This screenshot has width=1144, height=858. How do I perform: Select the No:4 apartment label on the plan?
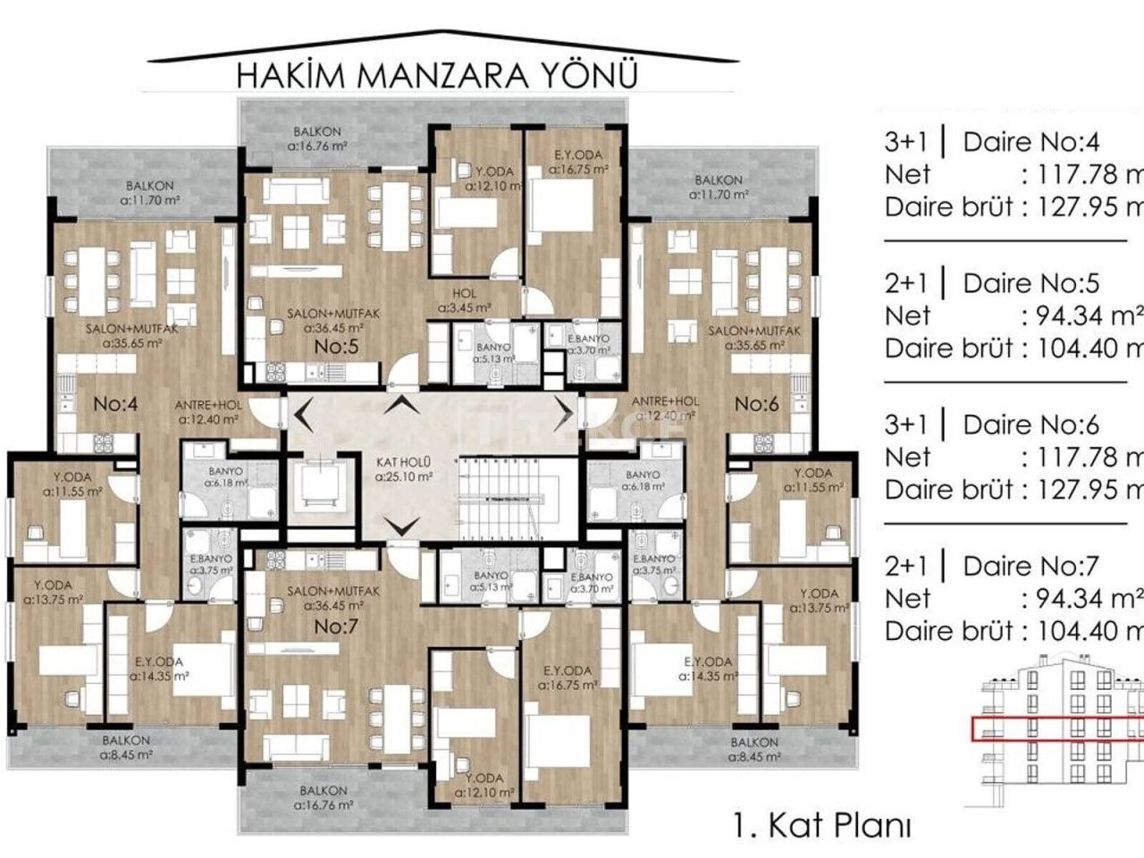[x=116, y=404]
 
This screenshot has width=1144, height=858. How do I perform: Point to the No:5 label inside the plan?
[x=336, y=347]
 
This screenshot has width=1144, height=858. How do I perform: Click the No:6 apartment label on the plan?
[x=756, y=404]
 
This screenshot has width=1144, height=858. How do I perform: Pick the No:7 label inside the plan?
[x=336, y=627]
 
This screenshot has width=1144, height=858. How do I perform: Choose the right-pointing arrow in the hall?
[x=565, y=414]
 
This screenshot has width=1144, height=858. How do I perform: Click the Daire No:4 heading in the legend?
[x=1030, y=141]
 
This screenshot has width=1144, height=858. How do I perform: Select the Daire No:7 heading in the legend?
[x=1030, y=566]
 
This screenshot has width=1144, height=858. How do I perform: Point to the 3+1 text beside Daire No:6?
[x=906, y=425]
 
